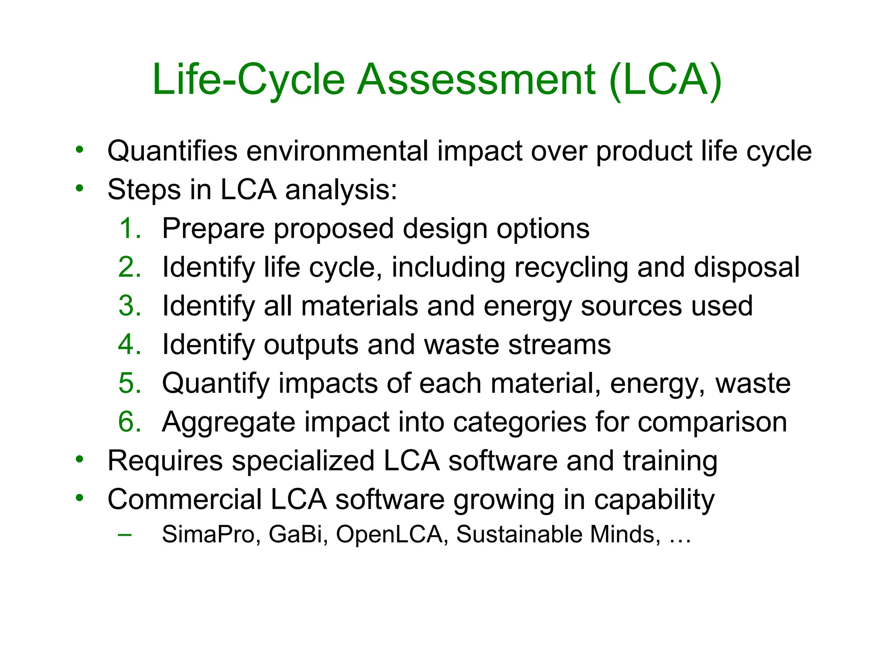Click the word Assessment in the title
[x=476, y=80]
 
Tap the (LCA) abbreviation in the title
[x=666, y=80]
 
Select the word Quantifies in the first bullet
[x=172, y=151]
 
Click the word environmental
[x=337, y=151]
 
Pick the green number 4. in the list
[x=130, y=344]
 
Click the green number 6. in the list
[x=130, y=422]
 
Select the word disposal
[x=746, y=268]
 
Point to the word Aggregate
[x=228, y=423]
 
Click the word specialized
[x=303, y=461]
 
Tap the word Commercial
[x=184, y=499]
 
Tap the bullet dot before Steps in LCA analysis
[x=79, y=188]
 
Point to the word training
[x=670, y=461]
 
